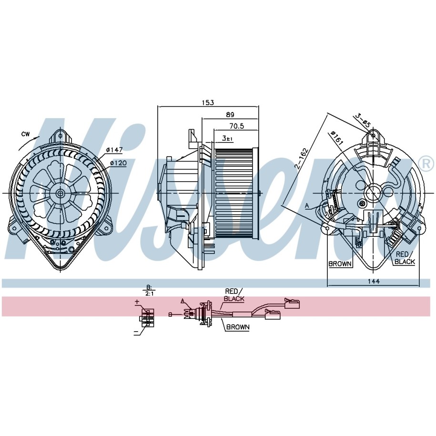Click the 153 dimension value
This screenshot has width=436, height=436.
click(x=208, y=102)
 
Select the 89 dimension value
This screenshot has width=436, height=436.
click(x=230, y=114)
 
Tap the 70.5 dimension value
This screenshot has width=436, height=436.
click(x=237, y=126)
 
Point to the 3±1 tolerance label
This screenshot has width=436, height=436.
click(x=227, y=138)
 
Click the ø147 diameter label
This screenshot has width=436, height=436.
click(x=114, y=150)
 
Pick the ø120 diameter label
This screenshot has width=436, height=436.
click(x=118, y=163)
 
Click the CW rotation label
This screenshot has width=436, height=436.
click(x=26, y=134)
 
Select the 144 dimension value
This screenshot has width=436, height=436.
click(x=374, y=281)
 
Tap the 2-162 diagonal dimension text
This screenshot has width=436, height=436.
click(x=302, y=159)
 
